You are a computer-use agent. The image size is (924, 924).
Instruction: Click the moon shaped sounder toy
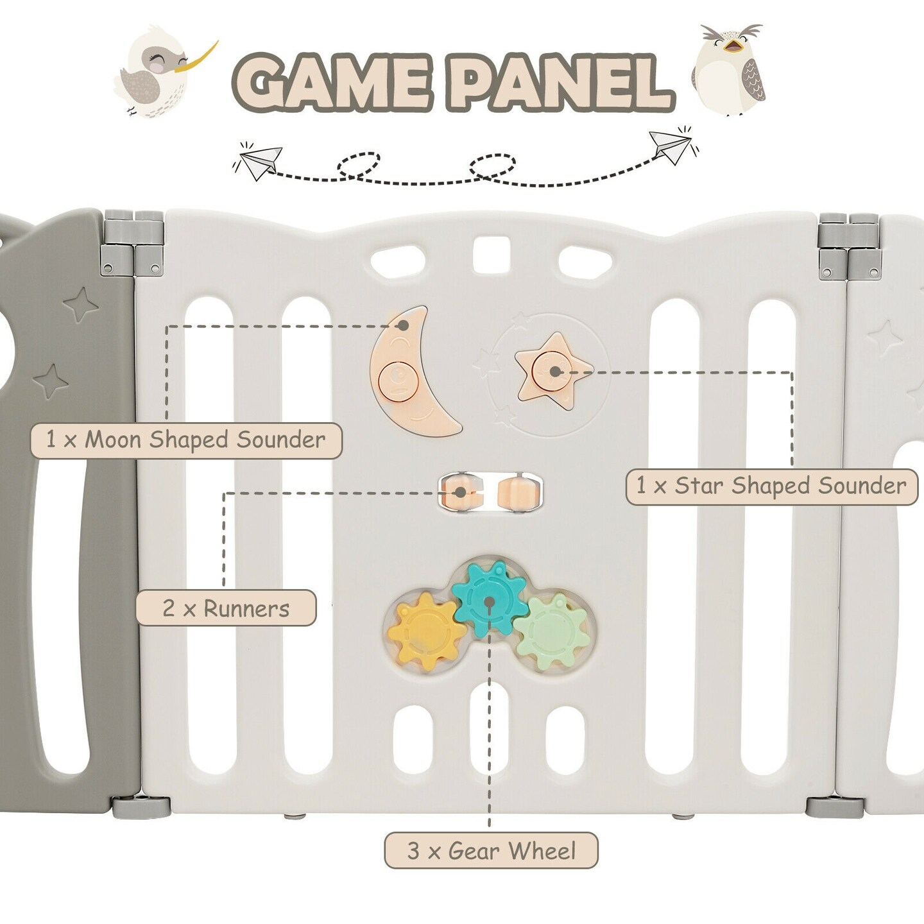(x=413, y=372)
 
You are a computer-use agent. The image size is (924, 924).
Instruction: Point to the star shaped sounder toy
(x=553, y=372)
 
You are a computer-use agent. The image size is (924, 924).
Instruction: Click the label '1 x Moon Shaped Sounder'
(x=186, y=440)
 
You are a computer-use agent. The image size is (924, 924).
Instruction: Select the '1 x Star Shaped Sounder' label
(x=771, y=486)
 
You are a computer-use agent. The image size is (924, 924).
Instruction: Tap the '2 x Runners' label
(x=226, y=608)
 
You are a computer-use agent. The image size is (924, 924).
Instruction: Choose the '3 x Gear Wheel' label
(x=491, y=851)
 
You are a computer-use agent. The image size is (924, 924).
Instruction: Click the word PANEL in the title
(x=561, y=83)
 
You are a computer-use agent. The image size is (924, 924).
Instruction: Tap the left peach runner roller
(x=461, y=492)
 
